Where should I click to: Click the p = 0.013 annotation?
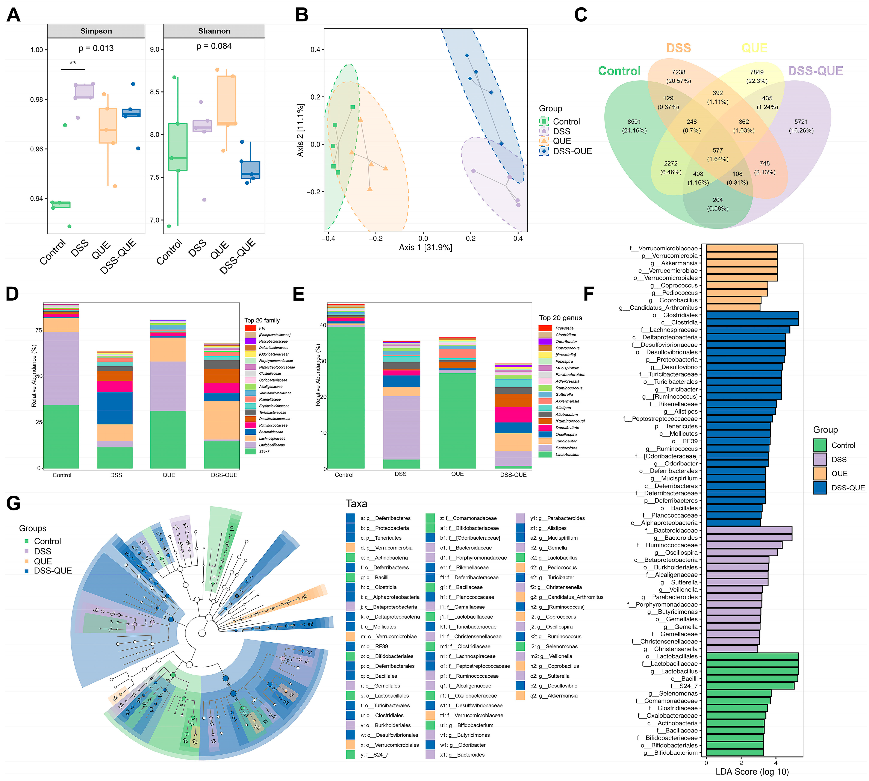click(96, 48)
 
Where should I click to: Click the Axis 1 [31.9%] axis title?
click(425, 247)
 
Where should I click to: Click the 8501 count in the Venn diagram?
click(634, 122)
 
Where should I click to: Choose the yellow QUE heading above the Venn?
click(754, 48)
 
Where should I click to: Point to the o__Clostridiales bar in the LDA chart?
click(752, 315)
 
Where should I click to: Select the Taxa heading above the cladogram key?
click(356, 504)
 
